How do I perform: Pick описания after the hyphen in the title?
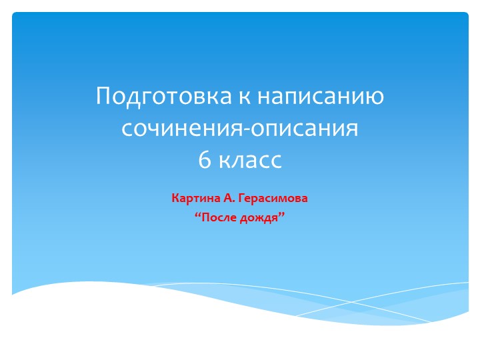(303, 129)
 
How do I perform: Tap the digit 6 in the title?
(203, 160)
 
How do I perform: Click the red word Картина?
(193, 199)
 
